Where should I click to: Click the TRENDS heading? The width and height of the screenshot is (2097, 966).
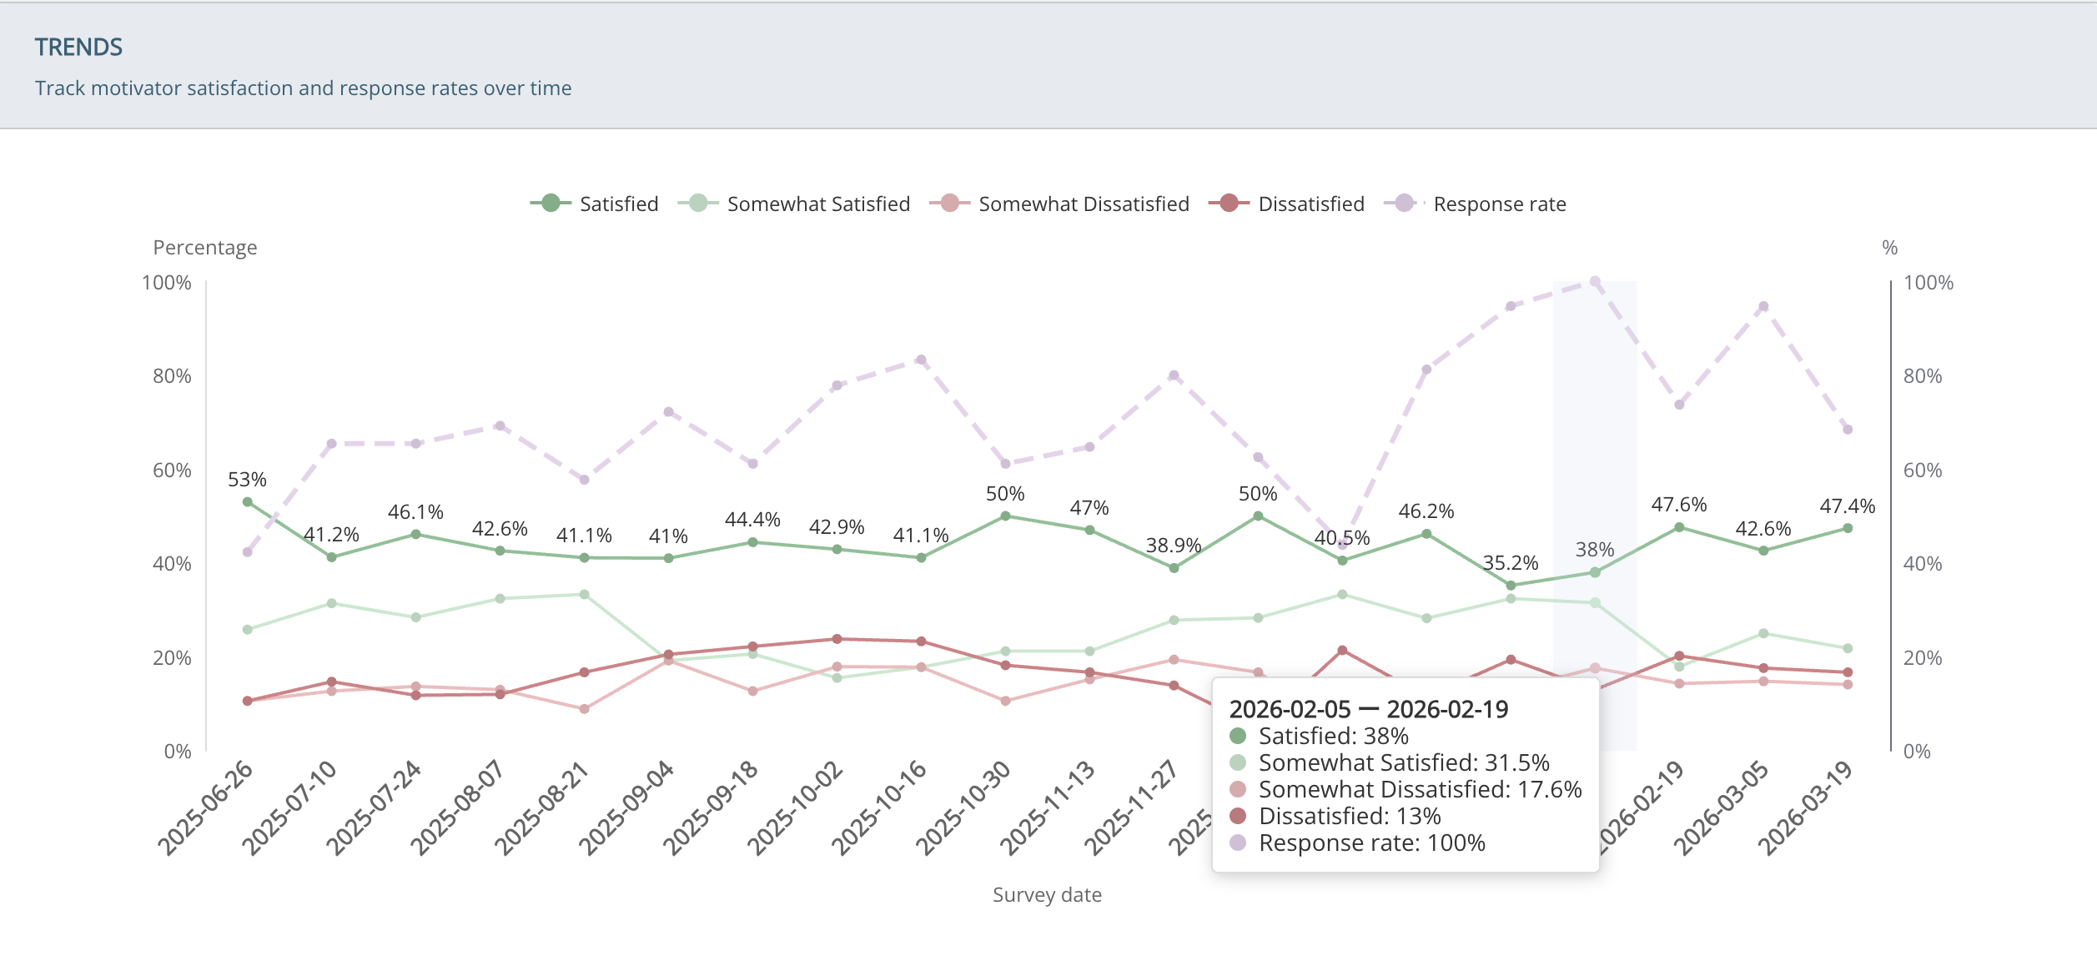[x=78, y=48]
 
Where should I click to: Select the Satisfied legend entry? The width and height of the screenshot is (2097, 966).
[x=594, y=204]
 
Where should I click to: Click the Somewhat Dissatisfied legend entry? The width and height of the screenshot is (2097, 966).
[x=1059, y=204]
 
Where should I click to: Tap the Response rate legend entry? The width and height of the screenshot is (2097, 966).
[x=1476, y=204]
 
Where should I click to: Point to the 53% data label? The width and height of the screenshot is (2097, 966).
[x=247, y=480]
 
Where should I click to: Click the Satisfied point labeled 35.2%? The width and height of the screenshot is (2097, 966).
[x=1511, y=586]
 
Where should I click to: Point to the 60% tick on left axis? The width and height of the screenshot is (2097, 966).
[x=172, y=470]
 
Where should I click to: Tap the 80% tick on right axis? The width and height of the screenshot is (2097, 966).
[x=1922, y=376]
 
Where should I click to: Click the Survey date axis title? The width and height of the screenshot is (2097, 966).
[x=1047, y=895]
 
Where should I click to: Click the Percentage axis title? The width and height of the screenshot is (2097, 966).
[x=205, y=248]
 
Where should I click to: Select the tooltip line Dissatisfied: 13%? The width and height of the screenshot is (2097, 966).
[x=1349, y=816]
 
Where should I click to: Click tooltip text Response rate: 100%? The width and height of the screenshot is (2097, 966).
[x=1371, y=843]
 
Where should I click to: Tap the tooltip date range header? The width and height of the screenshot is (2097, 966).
[x=1368, y=709]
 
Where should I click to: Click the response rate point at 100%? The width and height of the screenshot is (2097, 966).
[x=1595, y=282]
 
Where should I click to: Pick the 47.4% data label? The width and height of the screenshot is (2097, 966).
[x=1847, y=506]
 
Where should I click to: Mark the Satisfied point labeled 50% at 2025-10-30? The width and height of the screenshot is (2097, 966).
[x=1005, y=516]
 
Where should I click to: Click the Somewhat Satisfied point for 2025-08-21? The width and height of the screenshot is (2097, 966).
[x=584, y=595]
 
